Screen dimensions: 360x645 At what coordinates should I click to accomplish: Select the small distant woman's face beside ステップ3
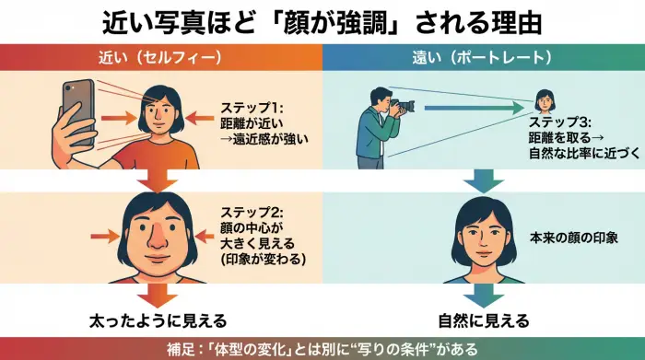[545, 99]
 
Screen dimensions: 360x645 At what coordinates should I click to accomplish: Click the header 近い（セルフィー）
[160, 57]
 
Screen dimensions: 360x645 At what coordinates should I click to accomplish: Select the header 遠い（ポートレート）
[483, 57]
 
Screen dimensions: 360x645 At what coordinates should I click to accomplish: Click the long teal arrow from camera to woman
[470, 109]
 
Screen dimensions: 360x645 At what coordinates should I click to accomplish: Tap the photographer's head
[381, 97]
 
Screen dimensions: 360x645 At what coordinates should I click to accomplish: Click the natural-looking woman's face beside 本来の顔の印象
[483, 235]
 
